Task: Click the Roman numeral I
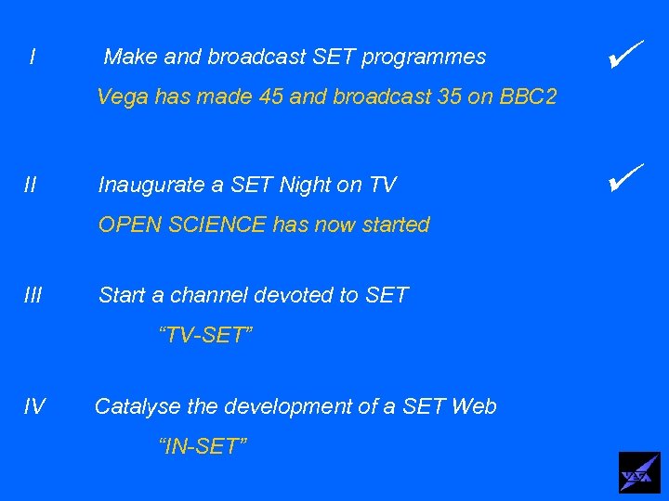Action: [x=33, y=58]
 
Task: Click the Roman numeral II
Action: [x=31, y=186]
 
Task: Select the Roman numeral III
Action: [x=33, y=296]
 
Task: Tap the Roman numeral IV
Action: [x=34, y=406]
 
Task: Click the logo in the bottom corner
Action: [x=639, y=472]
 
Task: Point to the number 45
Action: [x=269, y=96]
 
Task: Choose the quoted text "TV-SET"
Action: [x=206, y=336]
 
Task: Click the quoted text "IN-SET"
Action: [x=203, y=447]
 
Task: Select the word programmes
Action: [x=424, y=58]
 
